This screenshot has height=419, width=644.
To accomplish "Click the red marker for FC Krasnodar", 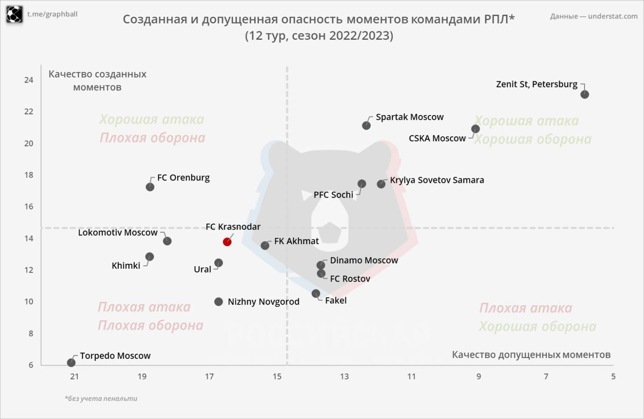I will [227, 242].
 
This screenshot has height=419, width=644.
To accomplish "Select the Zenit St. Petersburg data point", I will [584, 94].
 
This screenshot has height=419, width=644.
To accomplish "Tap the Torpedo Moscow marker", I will [71, 363].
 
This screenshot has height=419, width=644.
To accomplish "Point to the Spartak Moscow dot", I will [366, 126].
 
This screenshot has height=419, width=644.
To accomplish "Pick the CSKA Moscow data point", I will [475, 129].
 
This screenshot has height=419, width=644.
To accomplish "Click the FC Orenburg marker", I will [150, 187].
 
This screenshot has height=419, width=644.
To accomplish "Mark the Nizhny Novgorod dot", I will [218, 301].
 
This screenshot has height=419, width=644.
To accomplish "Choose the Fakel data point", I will [316, 293].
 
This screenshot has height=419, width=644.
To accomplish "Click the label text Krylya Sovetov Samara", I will [437, 180].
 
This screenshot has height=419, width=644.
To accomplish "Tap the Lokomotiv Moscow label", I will [118, 233].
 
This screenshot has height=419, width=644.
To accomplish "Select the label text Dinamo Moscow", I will [364, 260].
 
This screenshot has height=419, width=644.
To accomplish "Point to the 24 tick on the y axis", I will [29, 80].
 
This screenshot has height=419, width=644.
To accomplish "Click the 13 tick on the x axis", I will [344, 376].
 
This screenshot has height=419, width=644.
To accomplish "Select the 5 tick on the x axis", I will [613, 376].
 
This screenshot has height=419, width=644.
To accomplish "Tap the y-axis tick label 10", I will [29, 301].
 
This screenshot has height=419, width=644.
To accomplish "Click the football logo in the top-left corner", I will [15, 14].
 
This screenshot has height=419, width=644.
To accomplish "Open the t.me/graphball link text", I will [52, 14].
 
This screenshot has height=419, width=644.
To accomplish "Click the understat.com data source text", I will [594, 16].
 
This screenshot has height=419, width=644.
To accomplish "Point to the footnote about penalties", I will [101, 398].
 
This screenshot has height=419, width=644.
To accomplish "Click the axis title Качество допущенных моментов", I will [531, 355].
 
